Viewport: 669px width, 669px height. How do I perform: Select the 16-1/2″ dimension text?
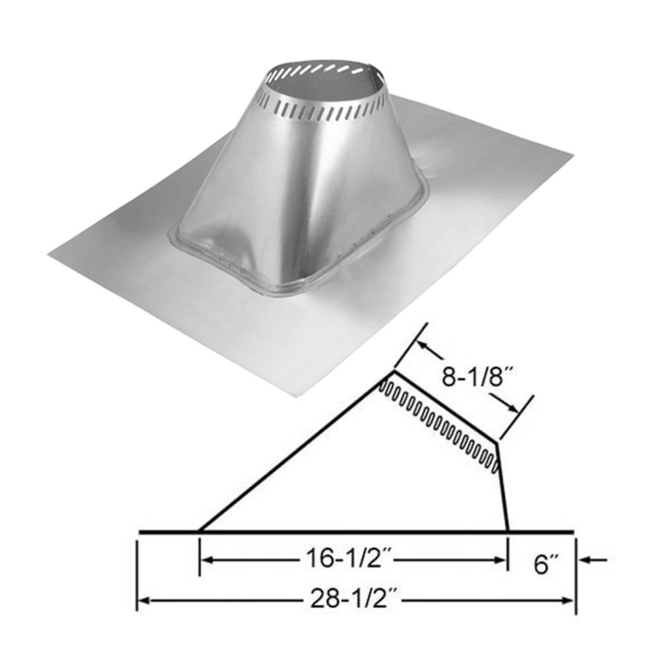348,560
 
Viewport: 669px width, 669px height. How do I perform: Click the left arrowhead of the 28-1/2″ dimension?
144,601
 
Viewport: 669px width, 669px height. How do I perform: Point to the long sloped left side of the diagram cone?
295,450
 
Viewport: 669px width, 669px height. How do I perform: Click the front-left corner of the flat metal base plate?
49,255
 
